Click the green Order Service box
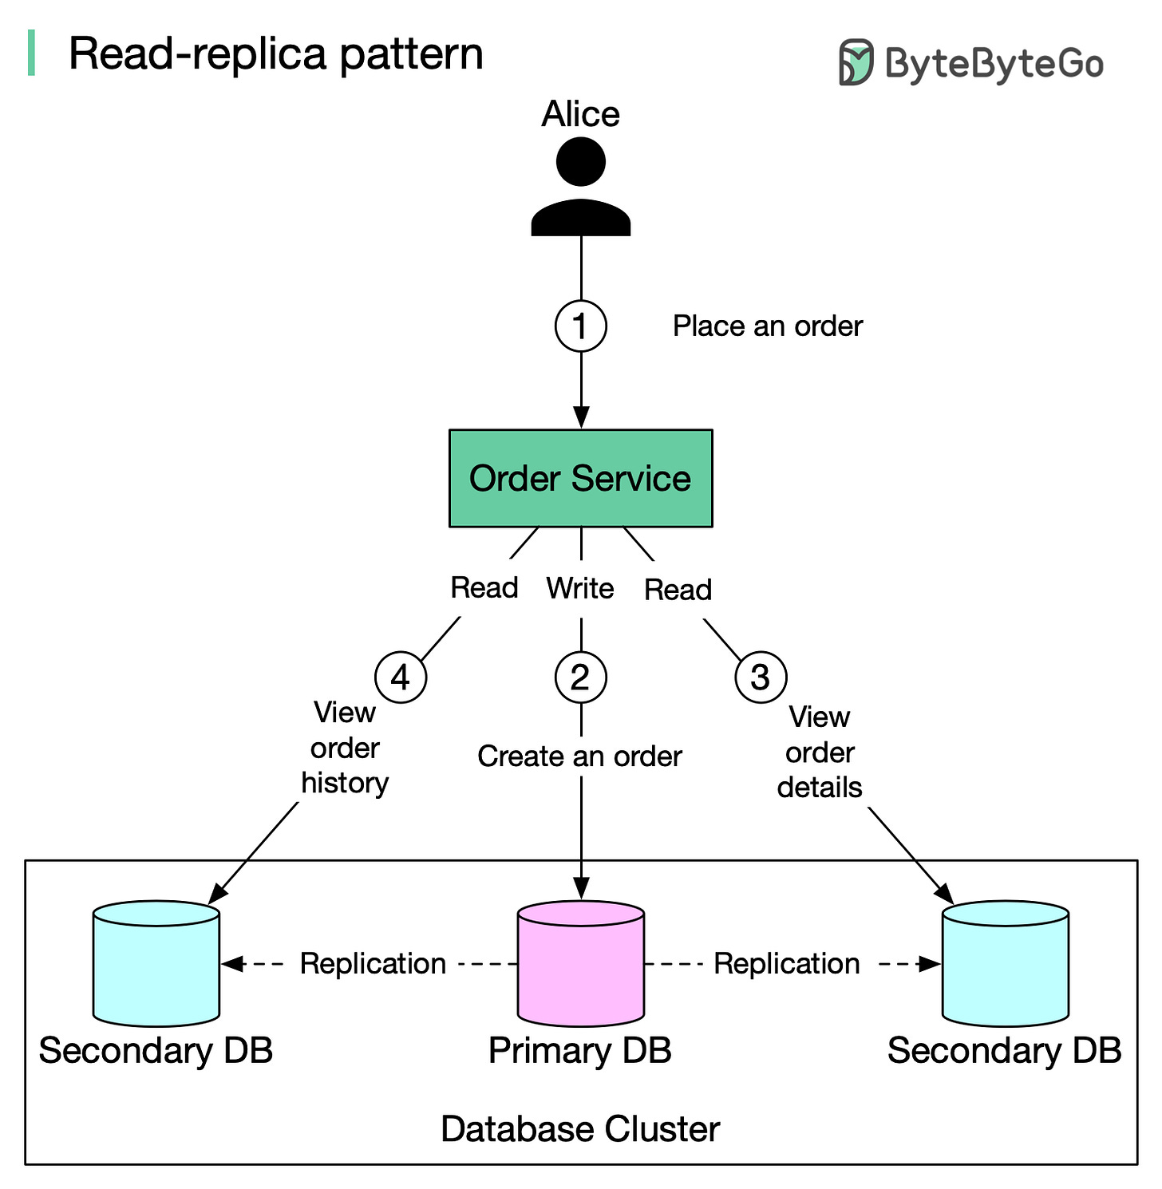coord(580,478)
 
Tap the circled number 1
coord(580,326)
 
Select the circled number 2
coord(580,677)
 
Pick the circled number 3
coord(761,677)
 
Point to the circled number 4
coord(401,677)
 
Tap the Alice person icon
coord(580,187)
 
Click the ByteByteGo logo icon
coord(856,62)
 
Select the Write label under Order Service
coord(580,588)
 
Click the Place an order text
coord(767,326)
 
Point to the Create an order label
coord(579,756)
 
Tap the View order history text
coord(345,748)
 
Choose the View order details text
coord(820,753)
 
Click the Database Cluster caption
coord(580,1129)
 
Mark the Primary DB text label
coord(580,1050)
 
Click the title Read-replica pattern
coord(276,53)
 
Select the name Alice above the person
coord(580,114)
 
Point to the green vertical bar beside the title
coord(31,53)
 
